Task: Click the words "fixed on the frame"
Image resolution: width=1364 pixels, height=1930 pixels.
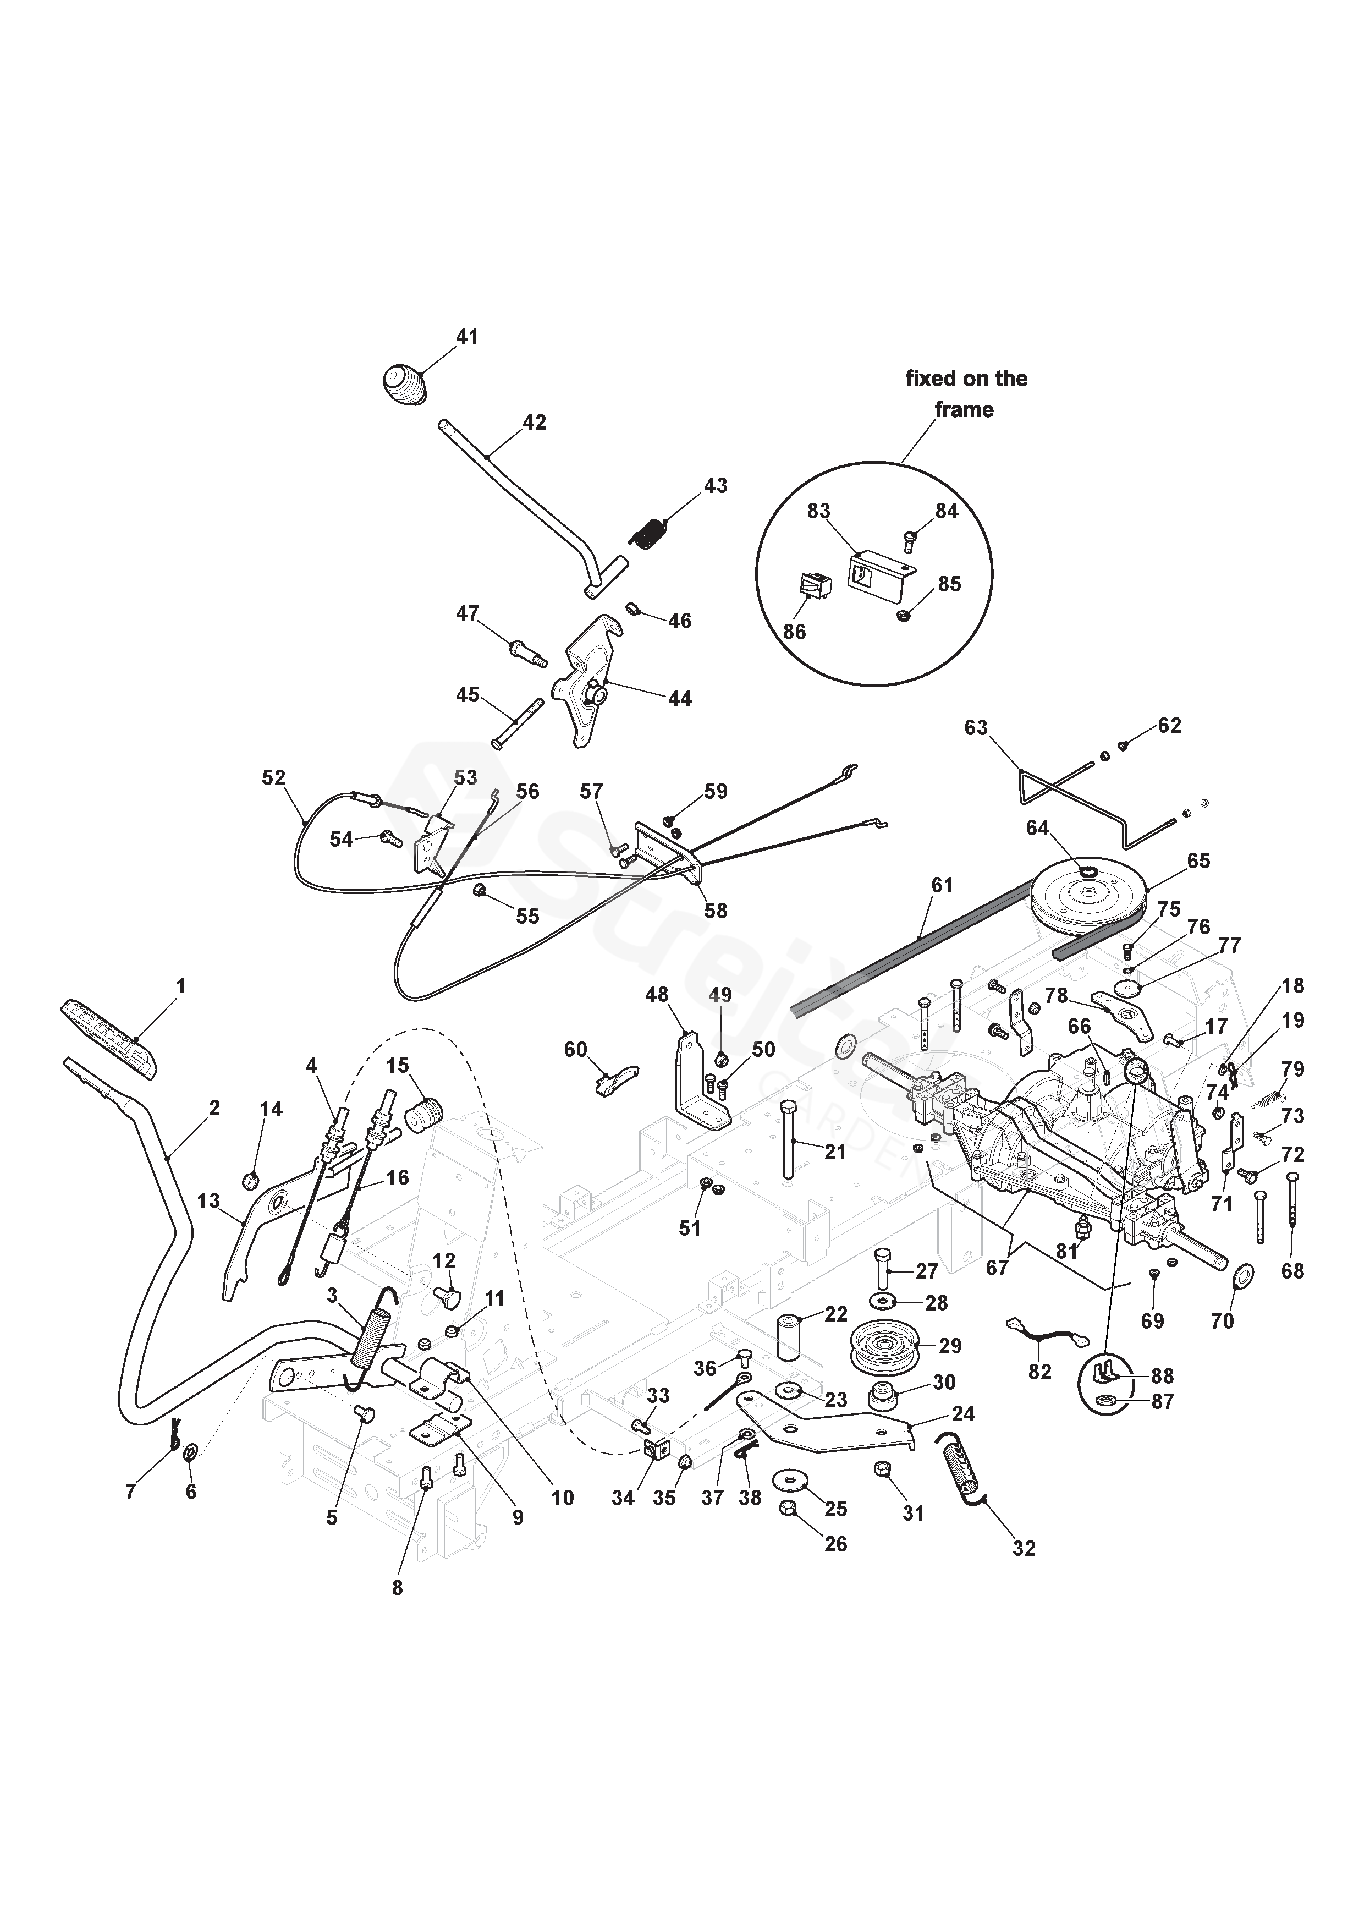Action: click(966, 394)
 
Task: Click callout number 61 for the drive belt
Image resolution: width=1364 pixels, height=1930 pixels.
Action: click(943, 884)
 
